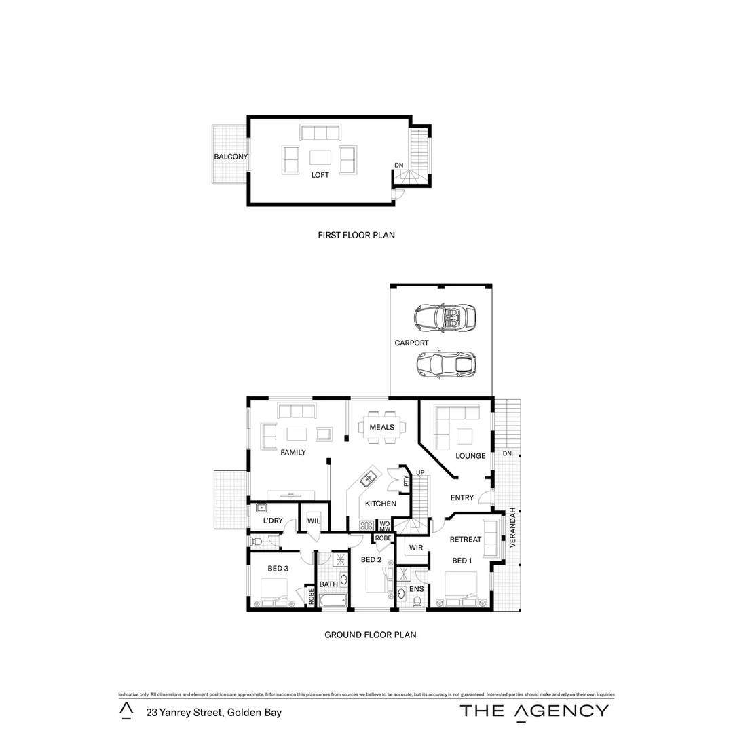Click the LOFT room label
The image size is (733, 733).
tap(320, 175)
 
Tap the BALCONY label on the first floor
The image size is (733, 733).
tap(231, 157)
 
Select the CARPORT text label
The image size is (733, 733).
tap(411, 343)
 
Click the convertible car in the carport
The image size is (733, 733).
tap(445, 316)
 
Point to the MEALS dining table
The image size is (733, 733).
tap(381, 428)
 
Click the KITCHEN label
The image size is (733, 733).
tap(380, 504)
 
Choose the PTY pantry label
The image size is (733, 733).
tap(406, 481)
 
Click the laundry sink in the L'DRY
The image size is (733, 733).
tap(261, 508)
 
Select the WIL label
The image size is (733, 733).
tap(314, 521)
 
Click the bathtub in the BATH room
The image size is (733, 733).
tap(333, 601)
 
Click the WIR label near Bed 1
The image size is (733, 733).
tap(416, 547)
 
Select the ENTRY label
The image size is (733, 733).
tap(462, 498)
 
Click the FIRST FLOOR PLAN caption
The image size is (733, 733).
tap(356, 236)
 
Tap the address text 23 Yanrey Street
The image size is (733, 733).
tap(214, 713)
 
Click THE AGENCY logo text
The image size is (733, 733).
tap(534, 711)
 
